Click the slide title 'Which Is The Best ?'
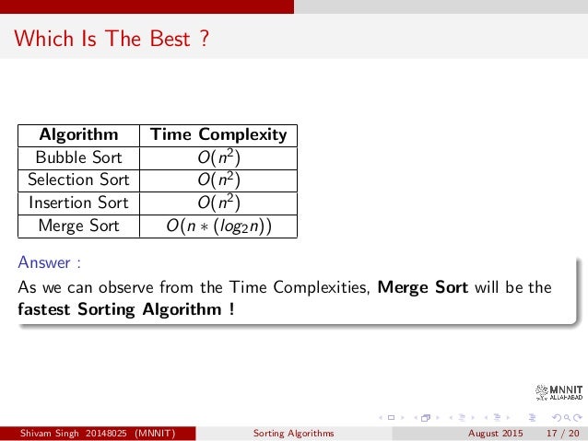(x=112, y=40)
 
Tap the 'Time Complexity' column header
(x=218, y=134)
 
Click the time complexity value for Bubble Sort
(x=218, y=157)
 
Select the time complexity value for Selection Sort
(x=218, y=179)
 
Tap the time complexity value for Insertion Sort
(x=218, y=202)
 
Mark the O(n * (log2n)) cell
(x=218, y=225)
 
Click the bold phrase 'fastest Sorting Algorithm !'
(x=125, y=308)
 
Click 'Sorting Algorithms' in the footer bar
(x=294, y=433)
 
